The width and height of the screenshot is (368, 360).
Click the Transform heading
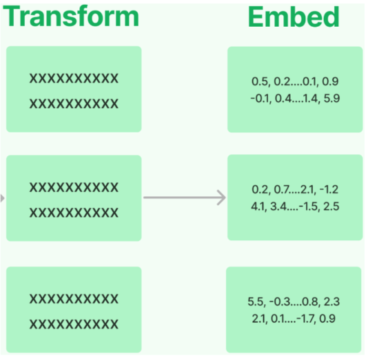71,16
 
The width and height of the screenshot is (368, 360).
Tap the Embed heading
294,17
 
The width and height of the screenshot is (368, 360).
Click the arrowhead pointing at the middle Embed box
221,198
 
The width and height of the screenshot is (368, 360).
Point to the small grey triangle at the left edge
2,198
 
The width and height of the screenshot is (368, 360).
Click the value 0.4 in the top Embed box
283,98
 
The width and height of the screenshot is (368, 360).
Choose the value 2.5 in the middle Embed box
331,207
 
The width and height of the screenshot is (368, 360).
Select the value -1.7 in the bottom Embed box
306,319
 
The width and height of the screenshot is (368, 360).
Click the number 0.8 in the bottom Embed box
310,301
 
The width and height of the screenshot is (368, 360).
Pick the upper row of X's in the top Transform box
74,78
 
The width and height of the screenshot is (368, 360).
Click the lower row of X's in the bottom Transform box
74,324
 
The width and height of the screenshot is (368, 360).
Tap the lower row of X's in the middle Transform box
74,213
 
